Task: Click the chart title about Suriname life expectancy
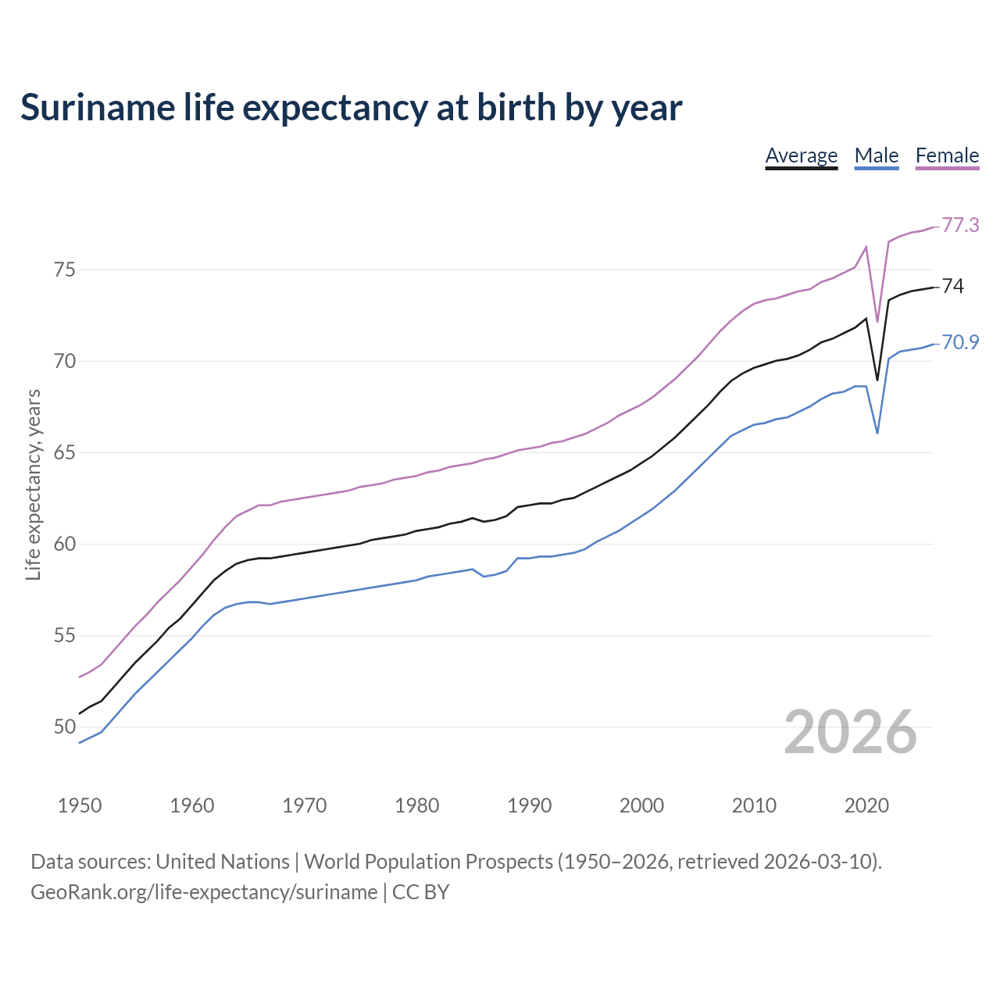click(x=351, y=108)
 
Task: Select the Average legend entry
click(x=801, y=155)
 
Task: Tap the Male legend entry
click(x=876, y=155)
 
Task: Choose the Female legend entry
click(x=947, y=155)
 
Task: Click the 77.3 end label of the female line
click(x=960, y=225)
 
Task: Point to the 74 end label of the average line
click(x=952, y=286)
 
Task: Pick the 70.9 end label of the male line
click(x=960, y=342)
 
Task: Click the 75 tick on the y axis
click(x=65, y=270)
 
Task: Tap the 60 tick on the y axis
click(x=65, y=544)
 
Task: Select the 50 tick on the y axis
click(x=65, y=727)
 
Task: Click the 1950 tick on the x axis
click(x=80, y=805)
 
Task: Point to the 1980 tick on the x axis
click(x=416, y=805)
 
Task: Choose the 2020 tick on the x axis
click(x=866, y=805)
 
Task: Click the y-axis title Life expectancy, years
click(x=34, y=484)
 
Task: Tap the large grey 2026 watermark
click(x=850, y=732)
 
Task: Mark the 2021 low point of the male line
click(x=877, y=433)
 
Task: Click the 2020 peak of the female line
click(x=866, y=247)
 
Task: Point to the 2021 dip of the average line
click(x=877, y=380)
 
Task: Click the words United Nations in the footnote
click(x=223, y=862)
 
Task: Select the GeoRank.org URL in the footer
click(x=204, y=892)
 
